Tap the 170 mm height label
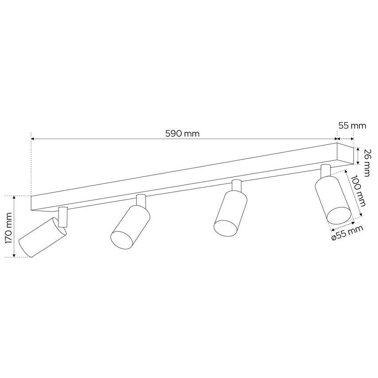tap(8, 226)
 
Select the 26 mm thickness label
tap(366, 161)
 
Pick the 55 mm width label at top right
tap(352, 125)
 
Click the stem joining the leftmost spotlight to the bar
tap(62, 217)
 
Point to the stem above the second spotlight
tap(141, 200)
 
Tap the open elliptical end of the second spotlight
tap(121, 240)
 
